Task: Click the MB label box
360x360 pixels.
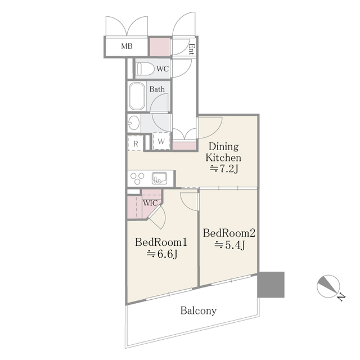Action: coord(127,46)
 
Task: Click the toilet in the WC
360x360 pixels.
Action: coord(146,69)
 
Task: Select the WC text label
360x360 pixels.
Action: coord(163,69)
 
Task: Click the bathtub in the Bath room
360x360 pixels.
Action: coord(137,97)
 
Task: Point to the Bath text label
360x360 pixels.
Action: coord(157,89)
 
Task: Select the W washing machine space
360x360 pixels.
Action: coord(161,142)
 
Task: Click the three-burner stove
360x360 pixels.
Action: coord(138,178)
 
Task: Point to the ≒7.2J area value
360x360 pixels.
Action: coord(224,169)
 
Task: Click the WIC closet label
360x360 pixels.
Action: coord(150,202)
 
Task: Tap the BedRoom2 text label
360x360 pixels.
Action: coord(229,232)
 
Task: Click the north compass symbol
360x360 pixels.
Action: coord(329,287)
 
